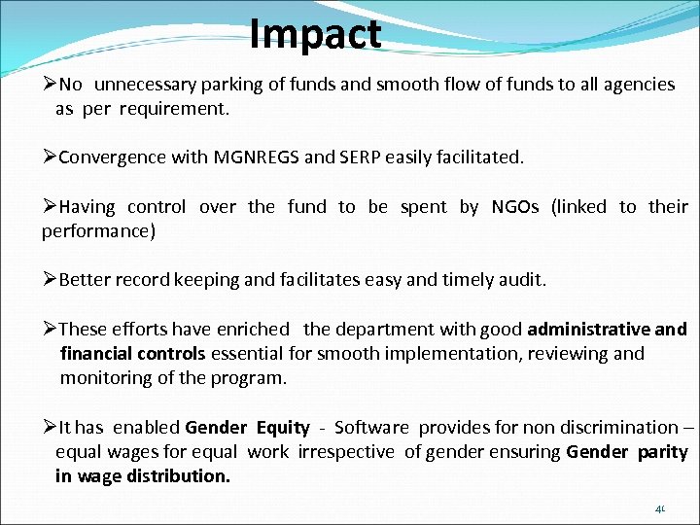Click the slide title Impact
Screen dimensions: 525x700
pos(315,34)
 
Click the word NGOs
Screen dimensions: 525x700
pos(514,206)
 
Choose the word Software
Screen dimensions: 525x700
pos(373,427)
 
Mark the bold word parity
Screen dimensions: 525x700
pos(663,451)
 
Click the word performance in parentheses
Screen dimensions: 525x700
pos(93,231)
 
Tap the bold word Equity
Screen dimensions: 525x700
pos(282,427)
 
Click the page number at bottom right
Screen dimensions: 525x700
pos(660,508)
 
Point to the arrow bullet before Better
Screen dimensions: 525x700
pos(50,280)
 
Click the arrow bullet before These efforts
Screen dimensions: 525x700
pos(50,329)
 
